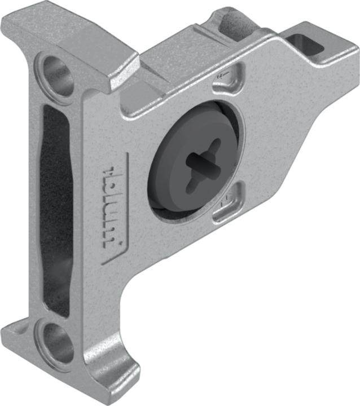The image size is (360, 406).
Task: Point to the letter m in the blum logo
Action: (115, 237)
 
